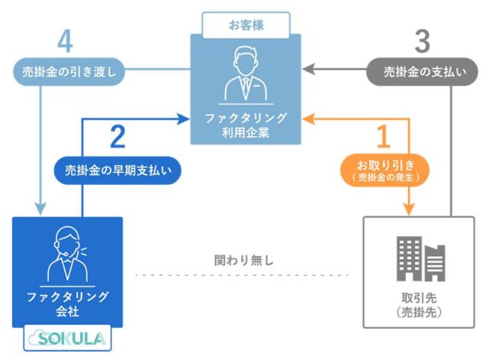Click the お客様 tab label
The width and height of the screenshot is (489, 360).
(246, 24)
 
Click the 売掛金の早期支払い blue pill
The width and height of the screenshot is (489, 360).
(117, 170)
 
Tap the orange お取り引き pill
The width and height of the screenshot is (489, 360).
(384, 170)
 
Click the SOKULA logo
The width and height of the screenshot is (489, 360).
(68, 337)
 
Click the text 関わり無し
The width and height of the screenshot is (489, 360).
(244, 260)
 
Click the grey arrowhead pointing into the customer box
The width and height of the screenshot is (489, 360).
(307, 70)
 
